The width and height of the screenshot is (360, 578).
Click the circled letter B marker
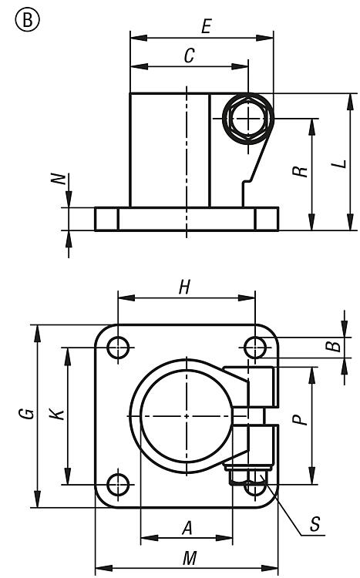pyautogui.click(x=27, y=19)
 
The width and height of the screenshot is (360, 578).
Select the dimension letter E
pyautogui.click(x=206, y=26)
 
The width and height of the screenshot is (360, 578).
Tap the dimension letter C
pyautogui.click(x=189, y=56)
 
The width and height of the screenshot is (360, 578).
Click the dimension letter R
pyautogui.click(x=301, y=171)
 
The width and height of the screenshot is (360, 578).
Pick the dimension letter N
pyautogui.click(x=59, y=179)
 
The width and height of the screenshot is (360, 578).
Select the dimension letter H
pyautogui.click(x=184, y=287)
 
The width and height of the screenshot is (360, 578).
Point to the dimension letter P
pyautogui.click(x=300, y=419)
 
